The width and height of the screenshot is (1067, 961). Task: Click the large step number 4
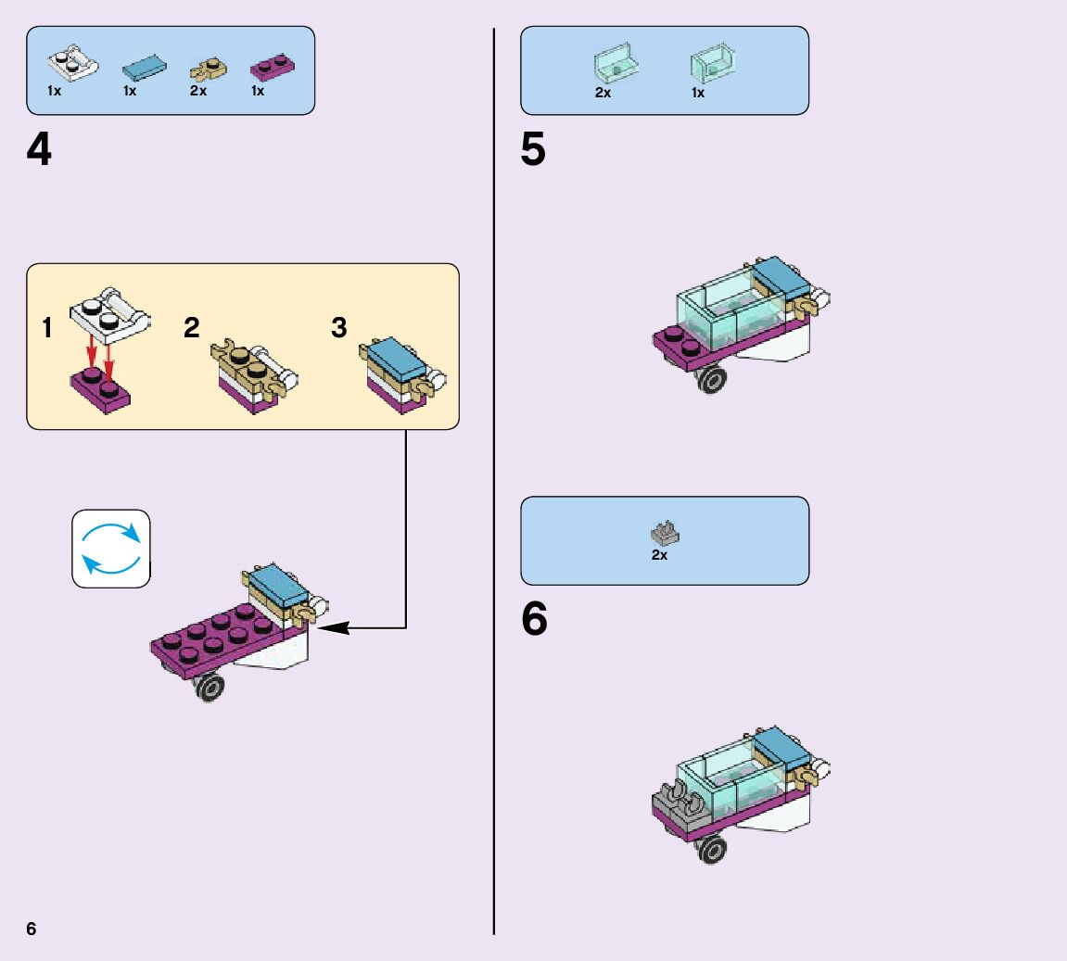pyautogui.click(x=39, y=150)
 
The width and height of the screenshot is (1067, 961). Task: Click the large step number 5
pyautogui.click(x=533, y=150)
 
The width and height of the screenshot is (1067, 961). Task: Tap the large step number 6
pyautogui.click(x=534, y=620)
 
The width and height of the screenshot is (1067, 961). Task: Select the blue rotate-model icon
pyautogui.click(x=111, y=549)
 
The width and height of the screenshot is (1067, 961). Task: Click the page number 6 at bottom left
pyautogui.click(x=32, y=929)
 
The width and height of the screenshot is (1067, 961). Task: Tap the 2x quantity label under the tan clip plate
pyautogui.click(x=198, y=92)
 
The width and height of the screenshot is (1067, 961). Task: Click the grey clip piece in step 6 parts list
pyautogui.click(x=665, y=533)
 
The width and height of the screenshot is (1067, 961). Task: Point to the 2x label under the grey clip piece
pyautogui.click(x=659, y=555)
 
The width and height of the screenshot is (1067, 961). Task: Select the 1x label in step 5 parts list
pyautogui.click(x=698, y=93)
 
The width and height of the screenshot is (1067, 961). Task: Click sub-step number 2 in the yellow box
pyautogui.click(x=192, y=328)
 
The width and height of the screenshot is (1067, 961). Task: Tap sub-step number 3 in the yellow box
pyautogui.click(x=339, y=328)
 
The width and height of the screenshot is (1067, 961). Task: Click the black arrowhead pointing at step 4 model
pyautogui.click(x=334, y=627)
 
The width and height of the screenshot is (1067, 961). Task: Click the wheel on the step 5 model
pyautogui.click(x=712, y=379)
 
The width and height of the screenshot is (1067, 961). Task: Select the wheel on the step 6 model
pyautogui.click(x=712, y=849)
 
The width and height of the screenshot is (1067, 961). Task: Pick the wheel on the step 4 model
pyautogui.click(x=211, y=687)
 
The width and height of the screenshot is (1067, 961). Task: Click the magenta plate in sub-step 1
pyautogui.click(x=100, y=389)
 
